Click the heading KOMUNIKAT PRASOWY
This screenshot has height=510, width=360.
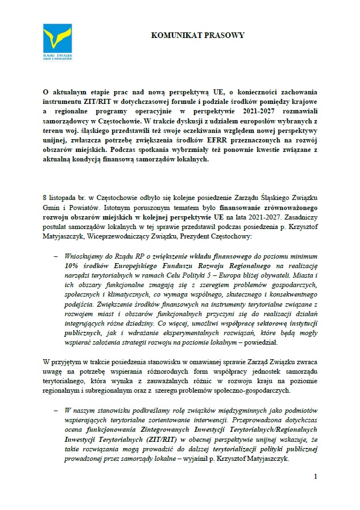[198, 35]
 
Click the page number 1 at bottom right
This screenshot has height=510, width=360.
[315, 476]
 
